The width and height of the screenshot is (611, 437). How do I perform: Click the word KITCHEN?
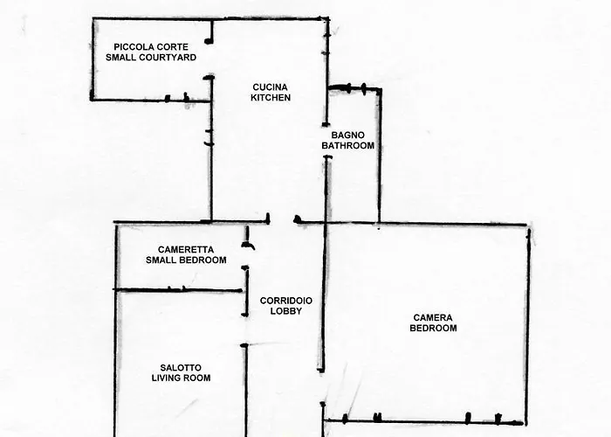(x=271, y=98)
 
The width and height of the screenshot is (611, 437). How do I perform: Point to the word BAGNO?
(x=348, y=135)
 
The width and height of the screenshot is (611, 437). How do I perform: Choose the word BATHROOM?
(x=347, y=146)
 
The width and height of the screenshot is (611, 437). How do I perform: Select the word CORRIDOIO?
(x=286, y=301)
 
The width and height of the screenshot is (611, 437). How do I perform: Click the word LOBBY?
(x=285, y=312)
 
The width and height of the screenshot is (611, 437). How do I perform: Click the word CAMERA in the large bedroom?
(x=434, y=317)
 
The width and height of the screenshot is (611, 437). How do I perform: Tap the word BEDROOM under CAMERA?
(x=434, y=329)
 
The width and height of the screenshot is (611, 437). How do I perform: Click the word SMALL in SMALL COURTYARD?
(x=122, y=57)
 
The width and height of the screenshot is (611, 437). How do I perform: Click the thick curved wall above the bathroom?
(x=354, y=87)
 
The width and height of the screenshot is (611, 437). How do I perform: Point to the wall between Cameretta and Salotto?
(x=179, y=289)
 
